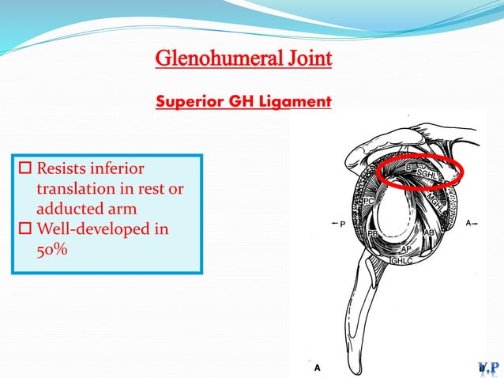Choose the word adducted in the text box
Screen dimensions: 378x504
tap(69, 210)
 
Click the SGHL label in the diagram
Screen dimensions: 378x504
tap(429, 176)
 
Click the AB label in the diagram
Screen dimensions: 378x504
tap(429, 234)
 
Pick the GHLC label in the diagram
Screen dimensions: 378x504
tap(404, 259)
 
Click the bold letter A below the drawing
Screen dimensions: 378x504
tap(318, 368)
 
